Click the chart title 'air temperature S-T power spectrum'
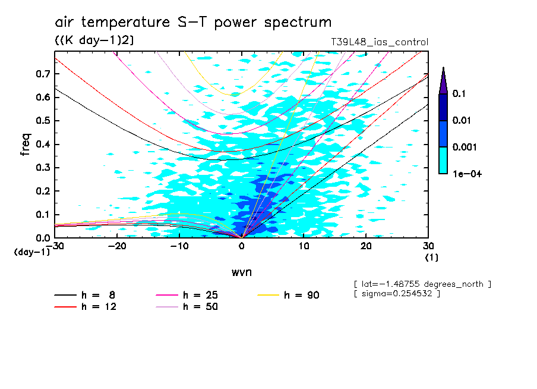tap(193, 23)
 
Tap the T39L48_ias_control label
tap(380, 42)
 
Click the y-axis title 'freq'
tap(26, 145)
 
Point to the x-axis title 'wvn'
tap(241, 272)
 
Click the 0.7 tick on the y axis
tap(43, 74)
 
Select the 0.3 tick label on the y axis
tap(43, 168)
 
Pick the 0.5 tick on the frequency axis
tap(43, 121)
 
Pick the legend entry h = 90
tap(290, 295)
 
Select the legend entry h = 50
tap(187, 307)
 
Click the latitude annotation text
tap(422, 284)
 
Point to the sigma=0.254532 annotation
tap(397, 294)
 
